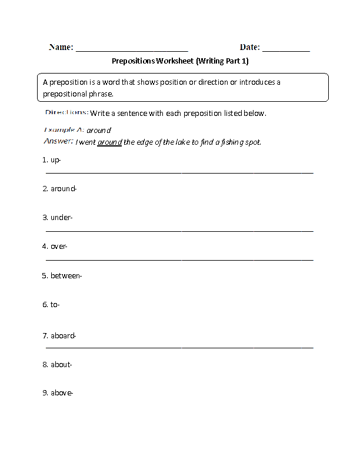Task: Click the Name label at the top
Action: click(x=61, y=47)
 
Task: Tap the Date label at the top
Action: click(x=250, y=47)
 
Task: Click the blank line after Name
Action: click(x=132, y=51)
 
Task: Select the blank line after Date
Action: click(x=286, y=51)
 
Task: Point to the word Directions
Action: click(x=66, y=112)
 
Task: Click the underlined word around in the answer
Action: click(x=109, y=142)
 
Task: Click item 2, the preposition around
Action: click(x=64, y=189)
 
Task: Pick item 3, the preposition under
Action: click(x=61, y=218)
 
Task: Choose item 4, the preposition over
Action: click(x=59, y=246)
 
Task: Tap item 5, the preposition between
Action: click(x=66, y=275)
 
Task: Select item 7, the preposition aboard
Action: click(x=64, y=336)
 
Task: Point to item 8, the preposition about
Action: click(x=61, y=365)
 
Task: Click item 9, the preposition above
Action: click(x=62, y=393)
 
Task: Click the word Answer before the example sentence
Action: click(x=58, y=141)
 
